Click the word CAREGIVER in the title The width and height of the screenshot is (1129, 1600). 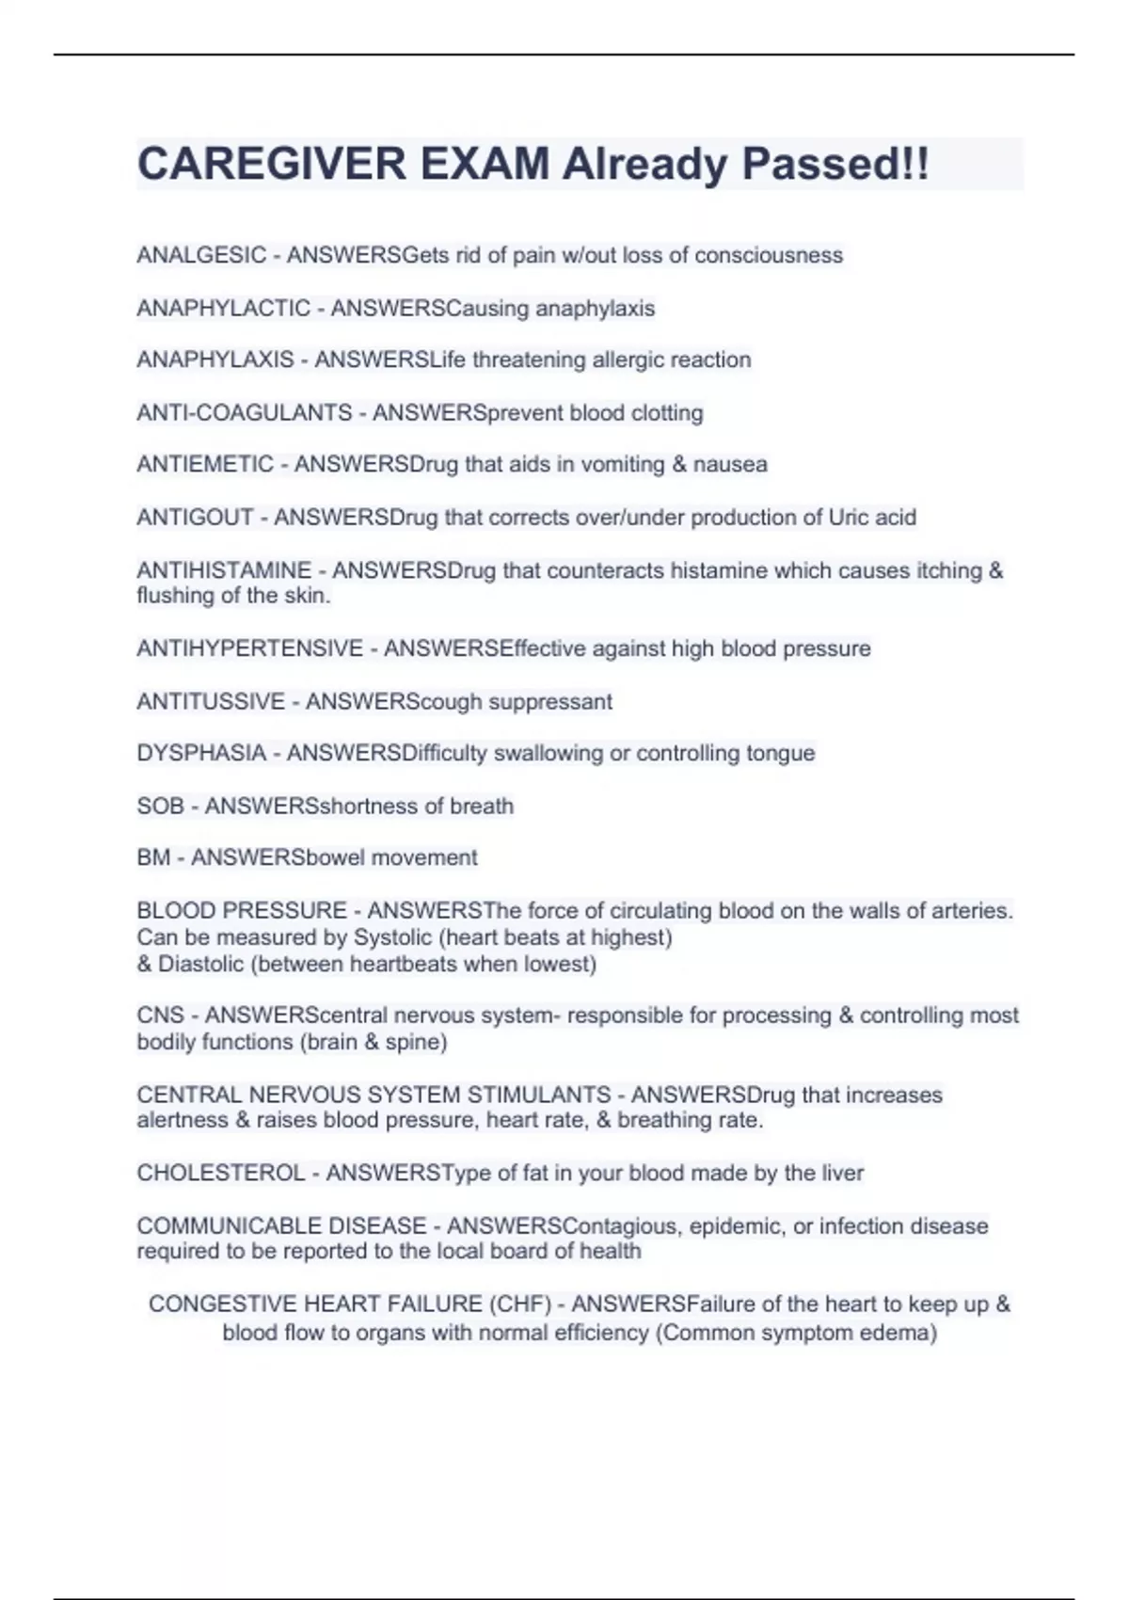pos(272,164)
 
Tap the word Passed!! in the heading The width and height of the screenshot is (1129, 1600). pos(835,164)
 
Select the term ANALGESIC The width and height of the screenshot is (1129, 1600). pos(201,255)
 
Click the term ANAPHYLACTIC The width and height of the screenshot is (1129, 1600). pos(223,308)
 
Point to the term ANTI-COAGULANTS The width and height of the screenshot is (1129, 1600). pos(245,412)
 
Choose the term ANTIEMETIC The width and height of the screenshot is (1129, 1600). pos(205,464)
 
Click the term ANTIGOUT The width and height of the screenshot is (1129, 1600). pos(195,517)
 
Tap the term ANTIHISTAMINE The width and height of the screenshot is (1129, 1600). pos(224,570)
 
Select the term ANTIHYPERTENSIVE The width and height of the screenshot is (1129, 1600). pos(249,648)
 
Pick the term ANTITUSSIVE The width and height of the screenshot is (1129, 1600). pos(211,701)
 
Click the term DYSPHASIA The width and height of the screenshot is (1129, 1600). pos(201,753)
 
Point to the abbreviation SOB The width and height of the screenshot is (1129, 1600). pos(160,806)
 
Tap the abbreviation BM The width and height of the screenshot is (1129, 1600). pos(153,857)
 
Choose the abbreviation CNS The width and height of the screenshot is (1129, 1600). pos(161,1016)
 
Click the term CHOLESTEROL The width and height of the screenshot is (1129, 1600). pos(221,1173)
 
